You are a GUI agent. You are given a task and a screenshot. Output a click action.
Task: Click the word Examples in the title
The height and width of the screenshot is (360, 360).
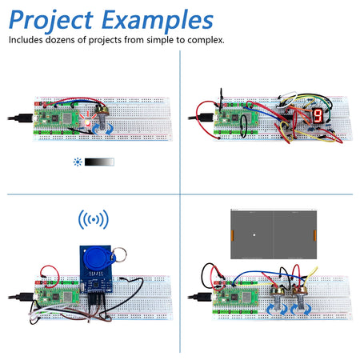161,19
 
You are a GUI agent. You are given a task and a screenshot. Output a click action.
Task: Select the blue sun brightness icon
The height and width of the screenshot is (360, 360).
78,162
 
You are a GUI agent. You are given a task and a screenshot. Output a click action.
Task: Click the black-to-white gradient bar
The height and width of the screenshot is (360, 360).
100,162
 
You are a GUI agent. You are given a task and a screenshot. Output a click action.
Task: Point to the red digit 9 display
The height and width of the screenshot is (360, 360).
318,116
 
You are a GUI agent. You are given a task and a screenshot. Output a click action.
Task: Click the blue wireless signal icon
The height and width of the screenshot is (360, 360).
94,220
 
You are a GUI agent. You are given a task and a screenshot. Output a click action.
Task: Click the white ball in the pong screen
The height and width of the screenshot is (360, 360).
254,234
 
